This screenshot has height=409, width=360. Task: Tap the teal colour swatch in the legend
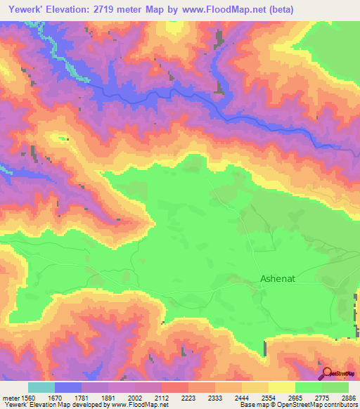click(x=41, y=387)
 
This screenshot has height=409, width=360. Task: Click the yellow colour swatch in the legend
click(x=282, y=387)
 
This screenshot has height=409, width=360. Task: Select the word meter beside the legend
click(x=10, y=397)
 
